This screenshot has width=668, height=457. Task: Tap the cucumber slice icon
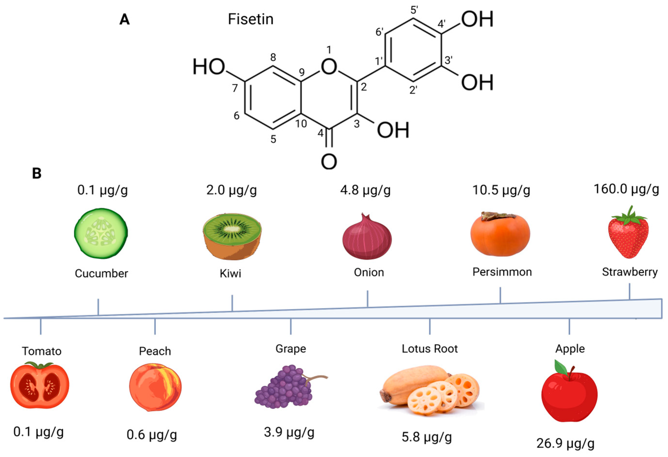(x=101, y=233)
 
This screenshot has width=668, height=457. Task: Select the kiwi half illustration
(x=232, y=237)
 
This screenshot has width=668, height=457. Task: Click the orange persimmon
(x=500, y=234)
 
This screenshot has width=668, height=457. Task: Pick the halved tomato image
(x=40, y=385)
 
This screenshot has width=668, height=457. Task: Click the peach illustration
(x=155, y=387)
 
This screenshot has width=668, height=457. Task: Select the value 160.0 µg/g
(x=626, y=190)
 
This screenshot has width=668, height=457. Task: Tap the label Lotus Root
(x=429, y=349)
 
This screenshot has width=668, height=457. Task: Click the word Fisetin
(x=251, y=19)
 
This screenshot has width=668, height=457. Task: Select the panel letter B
(x=37, y=173)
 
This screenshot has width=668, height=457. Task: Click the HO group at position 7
(x=209, y=67)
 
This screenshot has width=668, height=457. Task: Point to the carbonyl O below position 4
(x=329, y=162)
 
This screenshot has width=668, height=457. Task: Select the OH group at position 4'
(x=477, y=19)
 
